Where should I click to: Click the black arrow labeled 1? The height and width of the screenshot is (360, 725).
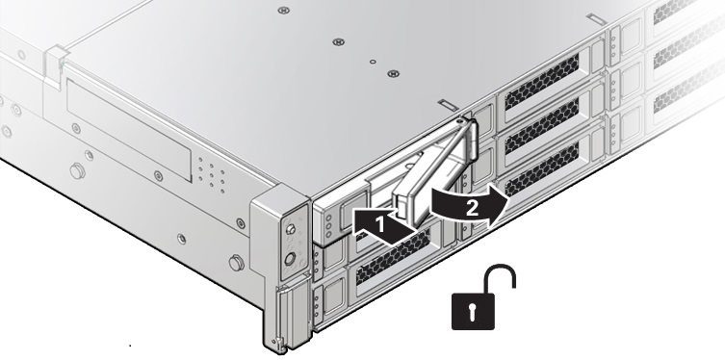(381, 225)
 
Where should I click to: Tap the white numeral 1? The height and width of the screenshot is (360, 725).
(380, 225)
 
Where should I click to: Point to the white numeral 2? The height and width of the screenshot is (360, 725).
(472, 209)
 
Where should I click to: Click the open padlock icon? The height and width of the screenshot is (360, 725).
(483, 296)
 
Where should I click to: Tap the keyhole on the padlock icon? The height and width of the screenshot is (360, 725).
(472, 313)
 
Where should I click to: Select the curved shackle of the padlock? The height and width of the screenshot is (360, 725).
(500, 278)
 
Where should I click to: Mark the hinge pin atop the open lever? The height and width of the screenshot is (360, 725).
(458, 121)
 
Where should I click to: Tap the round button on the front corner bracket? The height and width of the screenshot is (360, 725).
(290, 259)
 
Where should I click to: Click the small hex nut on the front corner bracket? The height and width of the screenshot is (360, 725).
(291, 229)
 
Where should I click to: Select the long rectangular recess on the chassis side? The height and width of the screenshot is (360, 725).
(129, 128)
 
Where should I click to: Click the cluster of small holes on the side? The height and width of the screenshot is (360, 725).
(211, 174)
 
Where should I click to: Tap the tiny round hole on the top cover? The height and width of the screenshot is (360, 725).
(373, 62)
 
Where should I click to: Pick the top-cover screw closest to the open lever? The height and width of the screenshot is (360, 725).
(394, 73)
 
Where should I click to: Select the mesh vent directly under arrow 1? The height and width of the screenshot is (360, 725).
(393, 256)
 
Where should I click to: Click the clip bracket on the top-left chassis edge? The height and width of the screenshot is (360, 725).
(55, 64)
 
